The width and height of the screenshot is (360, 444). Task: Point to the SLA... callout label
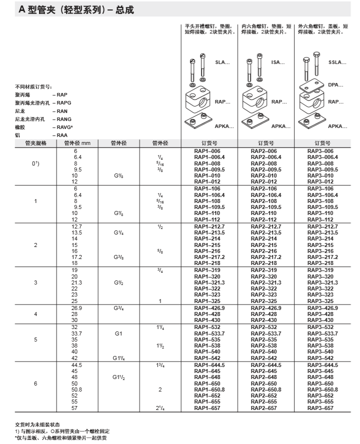pos(222,62)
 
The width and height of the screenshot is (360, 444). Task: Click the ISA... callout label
pos(278,62)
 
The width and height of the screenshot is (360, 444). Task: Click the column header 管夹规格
pos(35,143)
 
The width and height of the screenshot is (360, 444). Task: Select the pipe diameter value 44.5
pos(76,365)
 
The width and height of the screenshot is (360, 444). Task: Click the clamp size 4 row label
pos(35,314)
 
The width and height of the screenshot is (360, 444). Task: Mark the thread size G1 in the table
pos(119,333)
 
